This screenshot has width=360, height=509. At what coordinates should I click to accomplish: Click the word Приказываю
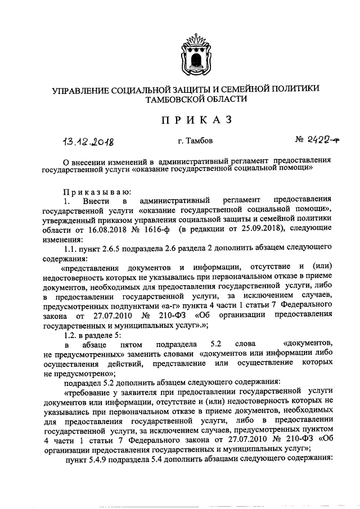pos(97,191)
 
